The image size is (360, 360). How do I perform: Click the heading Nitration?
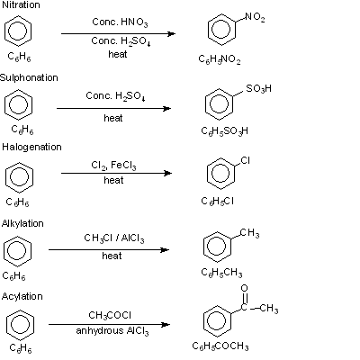(21, 4)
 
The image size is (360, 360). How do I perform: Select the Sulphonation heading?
(29, 77)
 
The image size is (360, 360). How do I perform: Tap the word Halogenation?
(31, 147)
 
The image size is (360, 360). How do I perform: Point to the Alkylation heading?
(22, 223)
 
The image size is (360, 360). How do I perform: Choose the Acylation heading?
(22, 296)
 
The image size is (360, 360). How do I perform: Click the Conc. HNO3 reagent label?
(120, 22)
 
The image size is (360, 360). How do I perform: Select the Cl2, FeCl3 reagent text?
(113, 166)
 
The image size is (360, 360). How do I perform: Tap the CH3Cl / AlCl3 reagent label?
(114, 238)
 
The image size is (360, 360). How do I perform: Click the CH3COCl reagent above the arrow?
(110, 315)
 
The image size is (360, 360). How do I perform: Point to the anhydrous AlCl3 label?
(112, 331)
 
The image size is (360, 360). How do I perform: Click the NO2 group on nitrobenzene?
(255, 17)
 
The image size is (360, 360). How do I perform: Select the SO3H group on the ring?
(258, 88)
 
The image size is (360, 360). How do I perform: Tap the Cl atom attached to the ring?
(245, 161)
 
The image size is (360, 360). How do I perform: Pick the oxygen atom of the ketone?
(245, 288)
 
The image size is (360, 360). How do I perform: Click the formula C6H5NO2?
(220, 59)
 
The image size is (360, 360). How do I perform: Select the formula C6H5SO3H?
(225, 131)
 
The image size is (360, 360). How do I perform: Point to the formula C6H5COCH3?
(220, 346)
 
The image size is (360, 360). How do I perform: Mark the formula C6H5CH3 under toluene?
(221, 273)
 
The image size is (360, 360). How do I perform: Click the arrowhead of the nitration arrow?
(172, 33)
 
